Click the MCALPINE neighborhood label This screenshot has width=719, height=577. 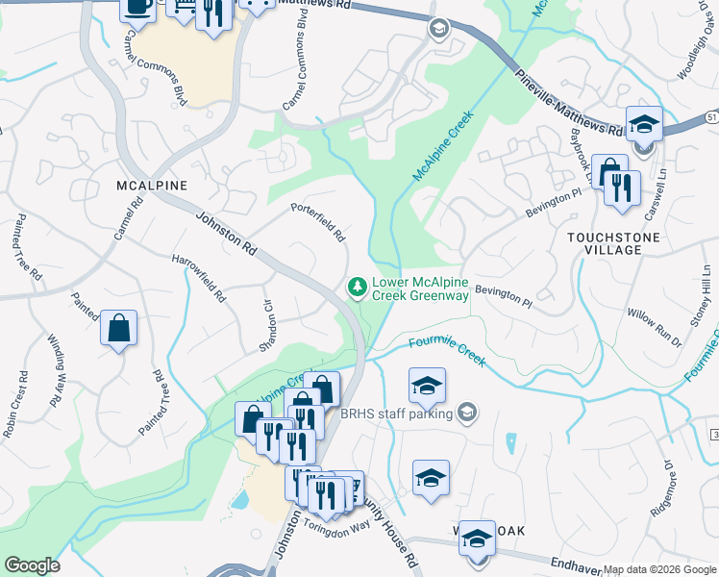[x=151, y=185]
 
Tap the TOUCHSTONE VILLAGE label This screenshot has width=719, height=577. [x=617, y=243]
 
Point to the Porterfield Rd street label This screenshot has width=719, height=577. [x=318, y=222]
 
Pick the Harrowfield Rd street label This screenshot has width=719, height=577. [x=198, y=279]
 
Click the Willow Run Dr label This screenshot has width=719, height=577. [x=654, y=328]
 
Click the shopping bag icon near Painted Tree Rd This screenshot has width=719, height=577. [x=118, y=329]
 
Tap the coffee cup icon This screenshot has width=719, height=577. [x=137, y=7]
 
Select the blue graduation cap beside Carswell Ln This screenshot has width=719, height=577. [x=643, y=124]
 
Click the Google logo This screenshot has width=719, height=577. [x=32, y=565]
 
